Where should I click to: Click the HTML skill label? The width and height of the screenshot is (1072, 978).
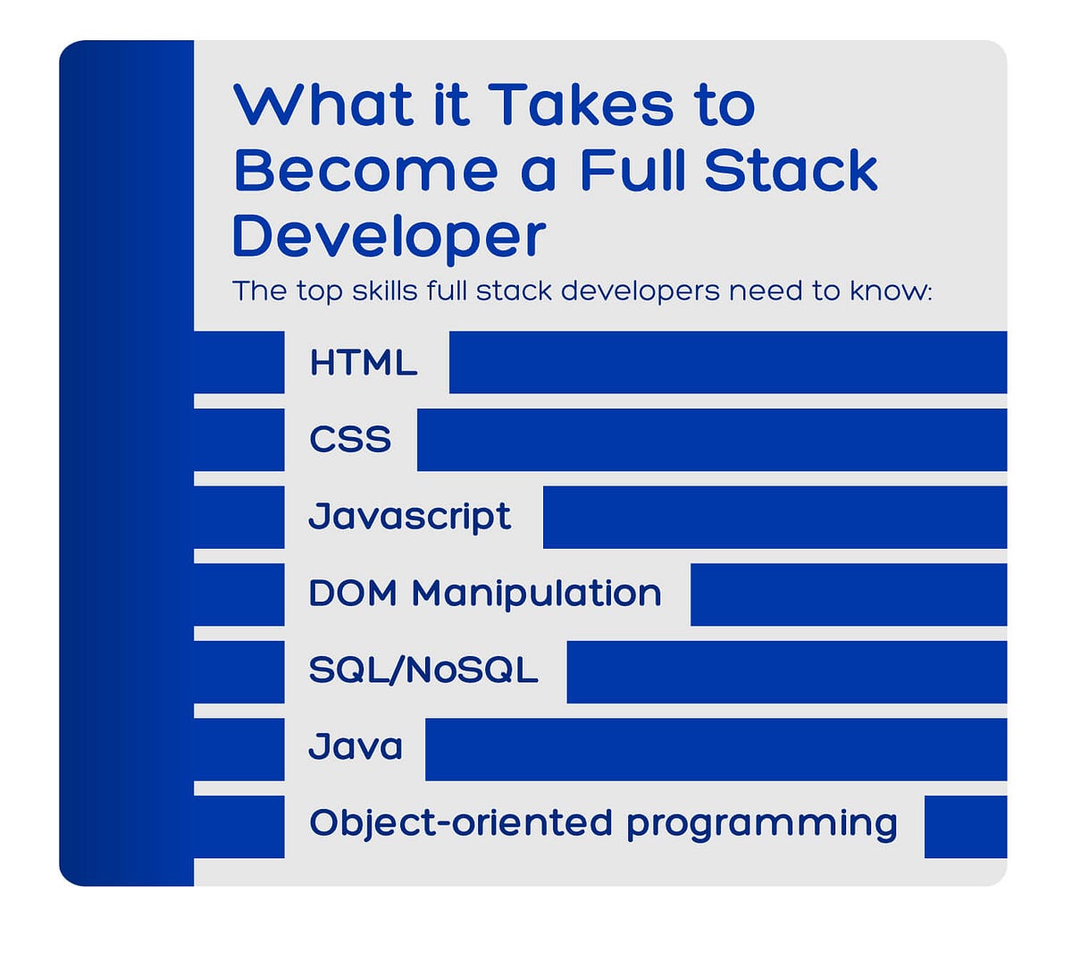[363, 363]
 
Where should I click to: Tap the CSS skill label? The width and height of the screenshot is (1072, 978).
[350, 440]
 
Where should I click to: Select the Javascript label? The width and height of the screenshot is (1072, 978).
[409, 517]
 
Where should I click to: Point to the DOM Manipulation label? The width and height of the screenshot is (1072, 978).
[485, 594]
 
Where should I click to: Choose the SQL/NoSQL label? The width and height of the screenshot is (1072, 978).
[423, 670]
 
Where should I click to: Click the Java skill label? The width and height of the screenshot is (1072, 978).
[356, 747]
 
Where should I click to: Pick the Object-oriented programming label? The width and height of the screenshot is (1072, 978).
[603, 824]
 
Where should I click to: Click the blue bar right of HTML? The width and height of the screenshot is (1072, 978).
[727, 362]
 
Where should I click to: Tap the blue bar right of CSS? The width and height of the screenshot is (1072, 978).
[711, 440]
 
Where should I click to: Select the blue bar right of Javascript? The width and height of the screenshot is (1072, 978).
[775, 517]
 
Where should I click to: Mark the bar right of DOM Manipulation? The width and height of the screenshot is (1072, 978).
[848, 594]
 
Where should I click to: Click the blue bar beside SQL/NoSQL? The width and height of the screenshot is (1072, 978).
[786, 671]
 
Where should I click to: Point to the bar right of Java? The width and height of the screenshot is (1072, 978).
[716, 748]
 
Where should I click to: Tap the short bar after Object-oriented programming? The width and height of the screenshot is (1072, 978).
[965, 826]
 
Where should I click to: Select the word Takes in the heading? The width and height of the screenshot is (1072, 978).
[582, 105]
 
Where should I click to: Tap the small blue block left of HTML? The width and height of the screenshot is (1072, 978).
[239, 362]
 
